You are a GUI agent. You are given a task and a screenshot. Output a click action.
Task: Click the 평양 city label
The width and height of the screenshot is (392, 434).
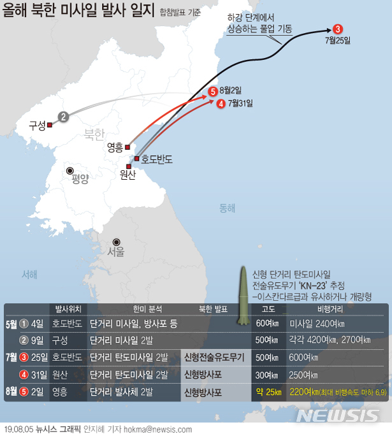(x=80, y=178)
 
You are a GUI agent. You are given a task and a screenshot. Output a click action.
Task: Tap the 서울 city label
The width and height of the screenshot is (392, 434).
(x=115, y=251)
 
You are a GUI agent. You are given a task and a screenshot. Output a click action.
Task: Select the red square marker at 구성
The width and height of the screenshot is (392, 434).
(x=49, y=126)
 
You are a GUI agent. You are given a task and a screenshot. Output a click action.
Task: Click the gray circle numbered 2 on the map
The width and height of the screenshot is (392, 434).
(x=63, y=117)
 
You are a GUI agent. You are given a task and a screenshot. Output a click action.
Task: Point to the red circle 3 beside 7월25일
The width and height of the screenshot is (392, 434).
(x=338, y=29)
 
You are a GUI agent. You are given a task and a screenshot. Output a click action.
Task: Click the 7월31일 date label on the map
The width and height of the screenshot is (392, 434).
(x=240, y=103)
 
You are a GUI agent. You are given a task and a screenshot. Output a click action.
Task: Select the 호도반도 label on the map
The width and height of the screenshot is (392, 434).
(x=157, y=159)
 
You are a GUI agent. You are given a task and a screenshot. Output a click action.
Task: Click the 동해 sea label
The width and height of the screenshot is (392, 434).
(x=228, y=208)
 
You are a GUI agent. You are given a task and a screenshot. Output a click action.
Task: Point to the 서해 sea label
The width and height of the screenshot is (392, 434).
(x=29, y=274)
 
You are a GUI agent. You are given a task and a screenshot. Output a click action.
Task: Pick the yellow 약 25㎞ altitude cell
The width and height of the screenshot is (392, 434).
(x=268, y=391)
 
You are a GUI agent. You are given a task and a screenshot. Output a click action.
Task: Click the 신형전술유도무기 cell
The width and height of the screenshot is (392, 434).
(x=214, y=357)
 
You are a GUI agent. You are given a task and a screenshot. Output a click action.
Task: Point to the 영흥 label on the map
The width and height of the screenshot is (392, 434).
(x=115, y=148)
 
